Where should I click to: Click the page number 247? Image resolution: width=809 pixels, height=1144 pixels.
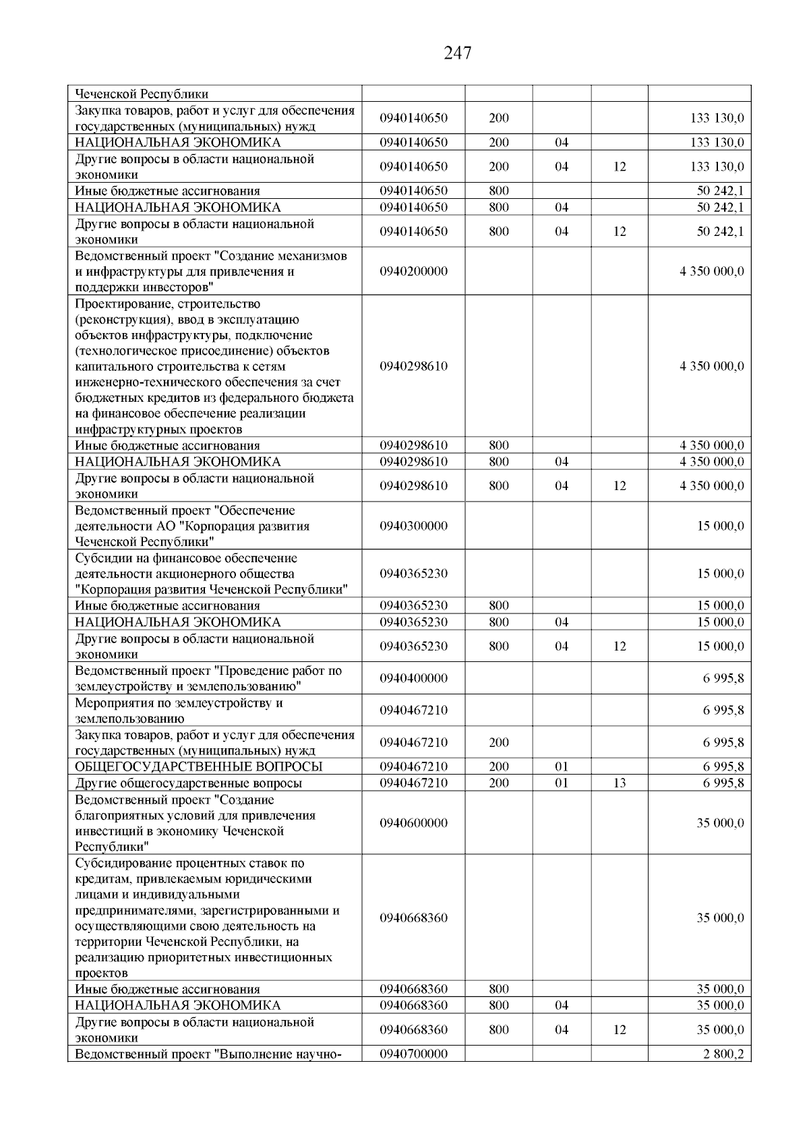[x=458, y=53]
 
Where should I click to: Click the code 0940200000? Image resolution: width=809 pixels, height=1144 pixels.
[x=413, y=272]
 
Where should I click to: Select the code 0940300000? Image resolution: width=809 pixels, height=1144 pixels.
[x=413, y=526]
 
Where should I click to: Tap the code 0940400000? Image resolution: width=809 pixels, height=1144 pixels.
[x=413, y=678]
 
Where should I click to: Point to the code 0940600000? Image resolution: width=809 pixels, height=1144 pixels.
[x=413, y=823]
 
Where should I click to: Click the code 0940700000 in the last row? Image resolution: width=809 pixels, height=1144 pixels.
[x=413, y=1054]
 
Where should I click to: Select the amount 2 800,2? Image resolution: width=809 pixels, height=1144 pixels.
[x=723, y=1054]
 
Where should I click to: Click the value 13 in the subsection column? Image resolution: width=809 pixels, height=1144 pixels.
[x=620, y=783]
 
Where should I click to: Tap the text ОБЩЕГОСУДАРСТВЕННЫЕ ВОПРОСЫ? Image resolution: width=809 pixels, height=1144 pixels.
[x=199, y=766]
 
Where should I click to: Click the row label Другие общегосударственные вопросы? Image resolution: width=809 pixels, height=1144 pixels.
[x=189, y=783]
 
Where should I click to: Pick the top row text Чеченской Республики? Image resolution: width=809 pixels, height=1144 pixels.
[x=142, y=94]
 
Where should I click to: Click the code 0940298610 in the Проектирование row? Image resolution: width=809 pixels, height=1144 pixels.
[x=413, y=367]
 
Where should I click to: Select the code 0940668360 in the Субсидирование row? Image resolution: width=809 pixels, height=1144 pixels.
[x=413, y=918]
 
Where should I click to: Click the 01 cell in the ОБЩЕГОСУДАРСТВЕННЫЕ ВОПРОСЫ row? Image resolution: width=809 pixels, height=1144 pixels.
[x=562, y=766]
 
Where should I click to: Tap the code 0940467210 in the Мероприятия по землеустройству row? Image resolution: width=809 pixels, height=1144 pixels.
[x=413, y=711]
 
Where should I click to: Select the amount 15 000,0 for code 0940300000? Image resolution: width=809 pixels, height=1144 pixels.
[x=720, y=526]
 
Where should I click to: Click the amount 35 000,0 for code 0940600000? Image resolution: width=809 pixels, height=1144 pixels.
[x=720, y=823]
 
